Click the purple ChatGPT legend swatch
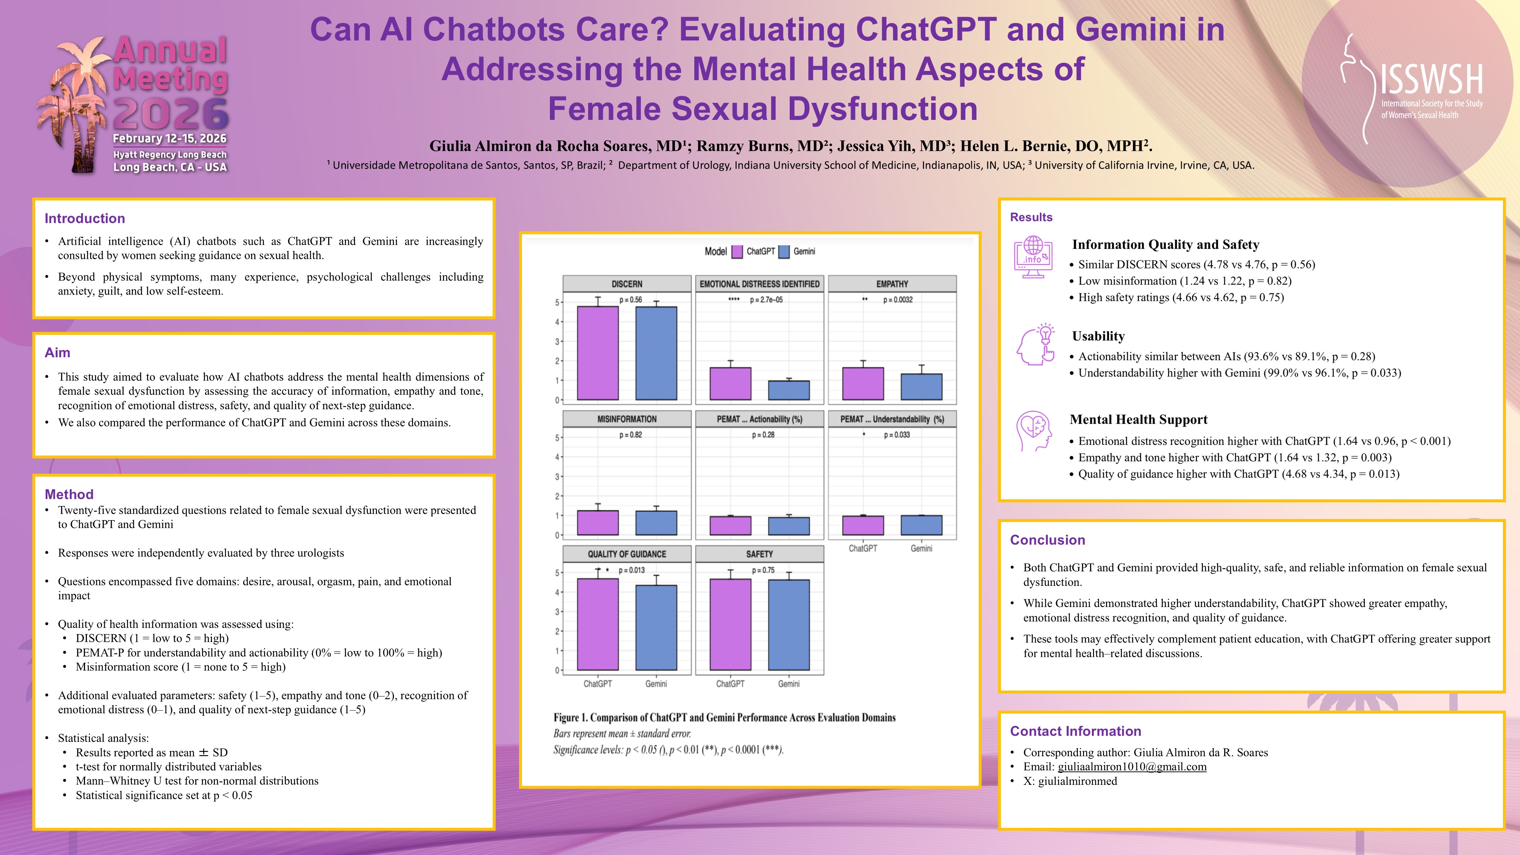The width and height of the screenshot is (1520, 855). pyautogui.click(x=737, y=252)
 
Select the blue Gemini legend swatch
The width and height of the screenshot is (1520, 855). pyautogui.click(x=784, y=252)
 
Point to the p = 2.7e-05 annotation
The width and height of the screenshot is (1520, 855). pyautogui.click(x=766, y=300)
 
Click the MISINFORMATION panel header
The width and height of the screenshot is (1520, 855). pyautogui.click(x=627, y=419)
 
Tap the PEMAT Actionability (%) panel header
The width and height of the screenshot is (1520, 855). pyautogui.click(x=759, y=419)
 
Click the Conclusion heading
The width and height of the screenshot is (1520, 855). pyautogui.click(x=1047, y=540)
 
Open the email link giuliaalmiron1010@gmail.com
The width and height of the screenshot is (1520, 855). pyautogui.click(x=1132, y=767)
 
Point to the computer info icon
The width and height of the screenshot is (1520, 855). pyautogui.click(x=1033, y=257)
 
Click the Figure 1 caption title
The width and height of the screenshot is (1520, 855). pyautogui.click(x=724, y=718)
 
